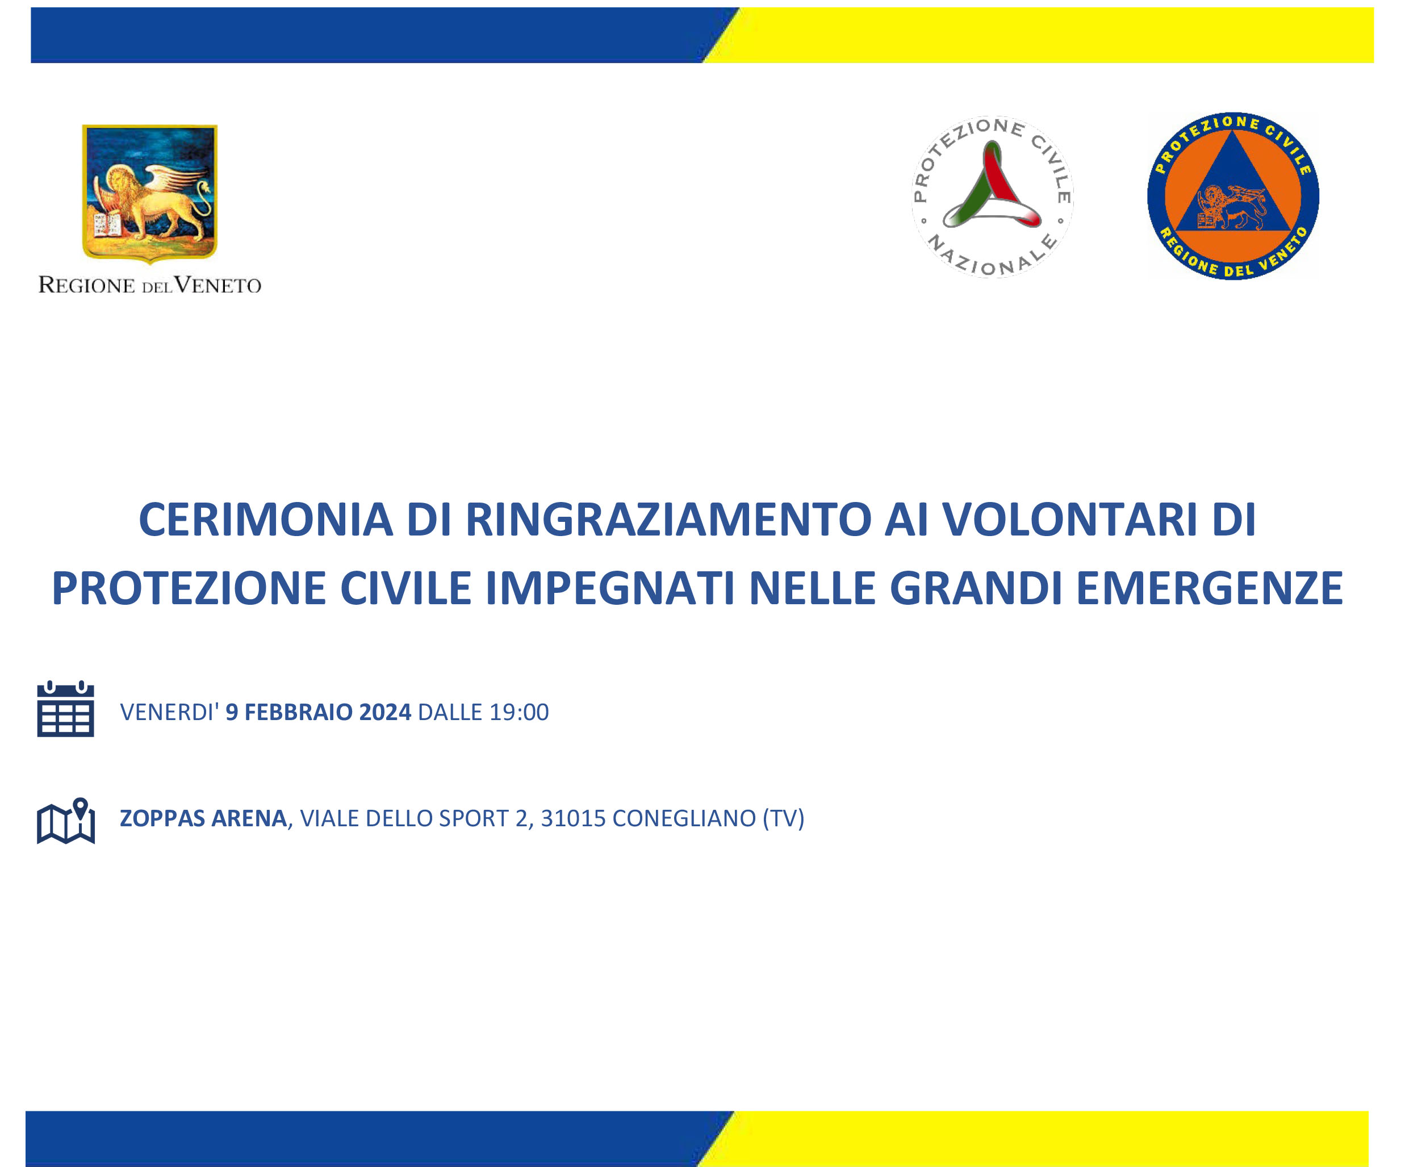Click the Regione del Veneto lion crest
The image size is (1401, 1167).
pos(149,194)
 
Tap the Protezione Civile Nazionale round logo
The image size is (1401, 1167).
pos(992,197)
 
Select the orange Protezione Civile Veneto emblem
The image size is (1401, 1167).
pos(1233,196)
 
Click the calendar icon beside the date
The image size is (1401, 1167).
pos(65,709)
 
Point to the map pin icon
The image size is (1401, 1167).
pos(65,821)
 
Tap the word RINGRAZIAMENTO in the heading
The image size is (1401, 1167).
pos(668,520)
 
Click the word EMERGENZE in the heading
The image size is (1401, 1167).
pos(1209,588)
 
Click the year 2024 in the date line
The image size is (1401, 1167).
pos(385,712)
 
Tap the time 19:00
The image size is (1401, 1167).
pos(519,712)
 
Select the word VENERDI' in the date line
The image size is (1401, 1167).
pos(169,712)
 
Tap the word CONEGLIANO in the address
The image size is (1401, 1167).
pos(684,818)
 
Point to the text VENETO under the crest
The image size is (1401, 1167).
pos(218,285)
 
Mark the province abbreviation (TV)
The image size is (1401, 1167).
pos(783,818)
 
